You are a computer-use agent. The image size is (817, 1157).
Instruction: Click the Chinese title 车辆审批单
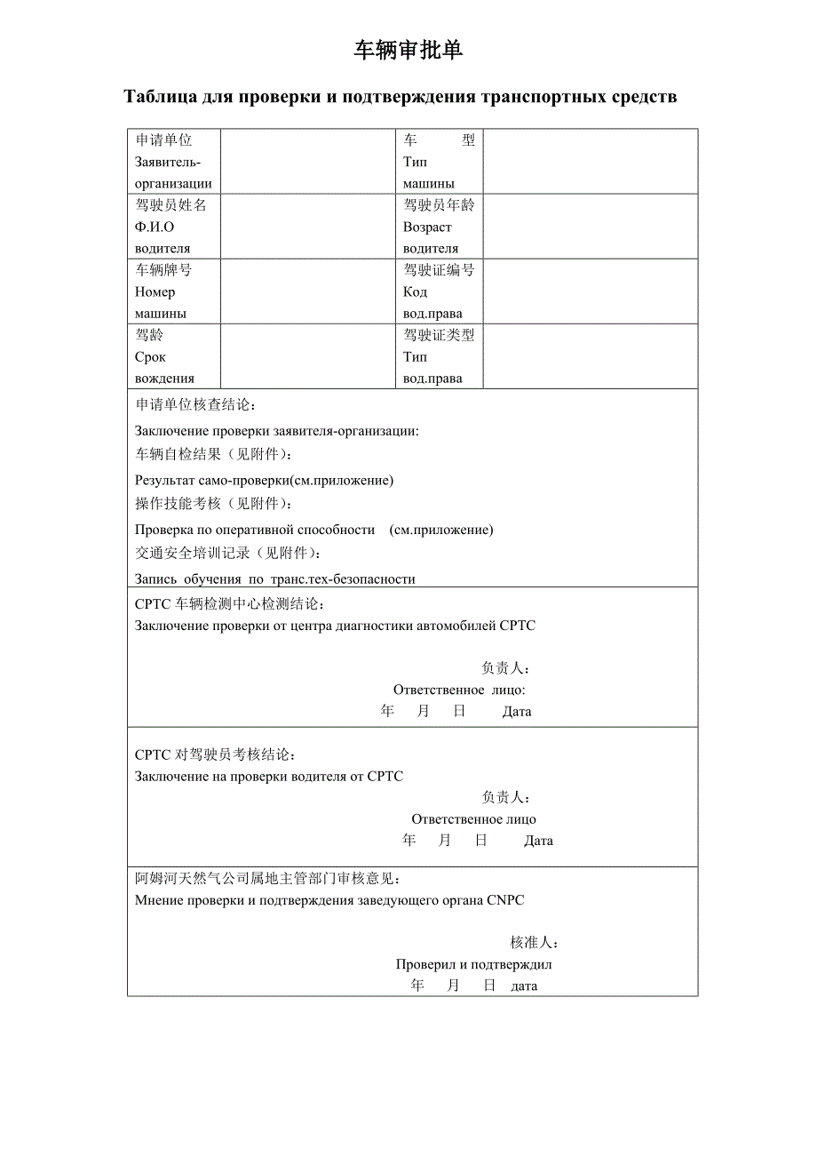pyautogui.click(x=408, y=52)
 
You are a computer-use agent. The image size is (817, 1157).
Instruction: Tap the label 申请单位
pyautogui.click(x=163, y=140)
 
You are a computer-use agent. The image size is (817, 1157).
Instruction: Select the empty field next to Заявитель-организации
pyautogui.click(x=307, y=162)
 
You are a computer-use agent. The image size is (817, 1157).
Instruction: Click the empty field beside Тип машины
pyautogui.click(x=590, y=162)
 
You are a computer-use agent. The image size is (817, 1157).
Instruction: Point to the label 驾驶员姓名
pyautogui.click(x=171, y=205)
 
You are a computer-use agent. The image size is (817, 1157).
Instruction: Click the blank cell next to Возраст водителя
pyautogui.click(x=590, y=227)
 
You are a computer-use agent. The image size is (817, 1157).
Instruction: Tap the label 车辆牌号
pyautogui.click(x=163, y=270)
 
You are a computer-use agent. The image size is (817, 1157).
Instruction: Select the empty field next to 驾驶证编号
pyautogui.click(x=590, y=291)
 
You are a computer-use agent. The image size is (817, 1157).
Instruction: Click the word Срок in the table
pyautogui.click(x=150, y=357)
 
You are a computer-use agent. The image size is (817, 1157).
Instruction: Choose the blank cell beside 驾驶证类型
pyautogui.click(x=590, y=356)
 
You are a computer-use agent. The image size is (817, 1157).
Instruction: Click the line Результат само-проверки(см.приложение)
pyautogui.click(x=264, y=481)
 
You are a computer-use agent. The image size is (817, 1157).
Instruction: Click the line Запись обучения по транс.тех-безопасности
pyautogui.click(x=275, y=579)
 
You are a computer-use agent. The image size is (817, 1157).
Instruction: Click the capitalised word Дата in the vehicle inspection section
pyautogui.click(x=517, y=712)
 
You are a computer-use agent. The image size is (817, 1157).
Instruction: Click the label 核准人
pyautogui.click(x=534, y=943)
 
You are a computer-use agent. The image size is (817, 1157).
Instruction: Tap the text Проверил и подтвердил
pyautogui.click(x=474, y=964)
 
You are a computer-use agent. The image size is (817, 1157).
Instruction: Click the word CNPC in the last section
pyautogui.click(x=505, y=900)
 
